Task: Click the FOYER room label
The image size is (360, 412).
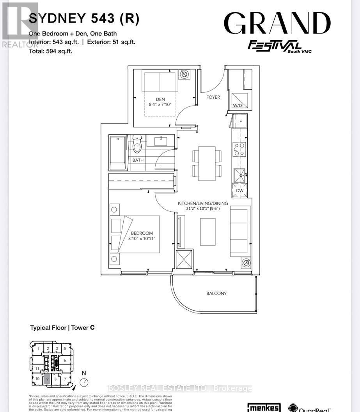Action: point(213,97)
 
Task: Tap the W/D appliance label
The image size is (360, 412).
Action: point(238,106)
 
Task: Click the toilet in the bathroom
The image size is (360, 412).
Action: point(137,144)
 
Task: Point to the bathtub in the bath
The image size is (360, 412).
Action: point(118,152)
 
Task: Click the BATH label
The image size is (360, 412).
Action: point(138,160)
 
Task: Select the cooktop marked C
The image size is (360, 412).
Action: point(239,149)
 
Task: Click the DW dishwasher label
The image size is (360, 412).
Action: point(239,191)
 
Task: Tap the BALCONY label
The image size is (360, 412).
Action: point(216,293)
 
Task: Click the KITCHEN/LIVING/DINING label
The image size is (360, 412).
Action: point(203,203)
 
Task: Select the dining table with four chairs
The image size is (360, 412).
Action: point(207,163)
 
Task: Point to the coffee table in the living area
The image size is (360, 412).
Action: point(207,232)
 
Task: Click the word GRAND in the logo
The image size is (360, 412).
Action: point(277,24)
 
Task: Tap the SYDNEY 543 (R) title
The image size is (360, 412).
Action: point(84,19)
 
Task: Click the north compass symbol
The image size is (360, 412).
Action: point(84,383)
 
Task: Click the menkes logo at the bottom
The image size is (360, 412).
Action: point(264,407)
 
